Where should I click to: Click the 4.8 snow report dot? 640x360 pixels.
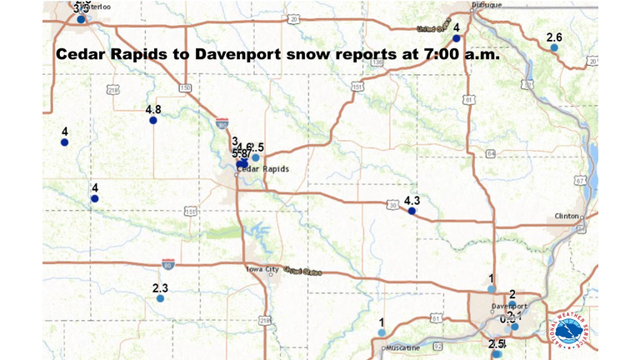click(x=153, y=121)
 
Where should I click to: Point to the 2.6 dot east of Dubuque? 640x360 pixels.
click(x=554, y=48)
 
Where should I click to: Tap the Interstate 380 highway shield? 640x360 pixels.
click(x=222, y=122)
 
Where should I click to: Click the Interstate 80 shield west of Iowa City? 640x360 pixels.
click(x=168, y=262)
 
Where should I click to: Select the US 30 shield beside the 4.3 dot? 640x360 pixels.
click(x=392, y=203)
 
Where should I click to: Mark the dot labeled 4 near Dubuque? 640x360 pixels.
click(x=456, y=38)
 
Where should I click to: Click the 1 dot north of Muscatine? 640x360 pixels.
click(x=381, y=332)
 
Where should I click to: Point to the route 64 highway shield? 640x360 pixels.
click(x=491, y=153)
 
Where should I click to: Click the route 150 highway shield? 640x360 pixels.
click(x=184, y=87)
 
